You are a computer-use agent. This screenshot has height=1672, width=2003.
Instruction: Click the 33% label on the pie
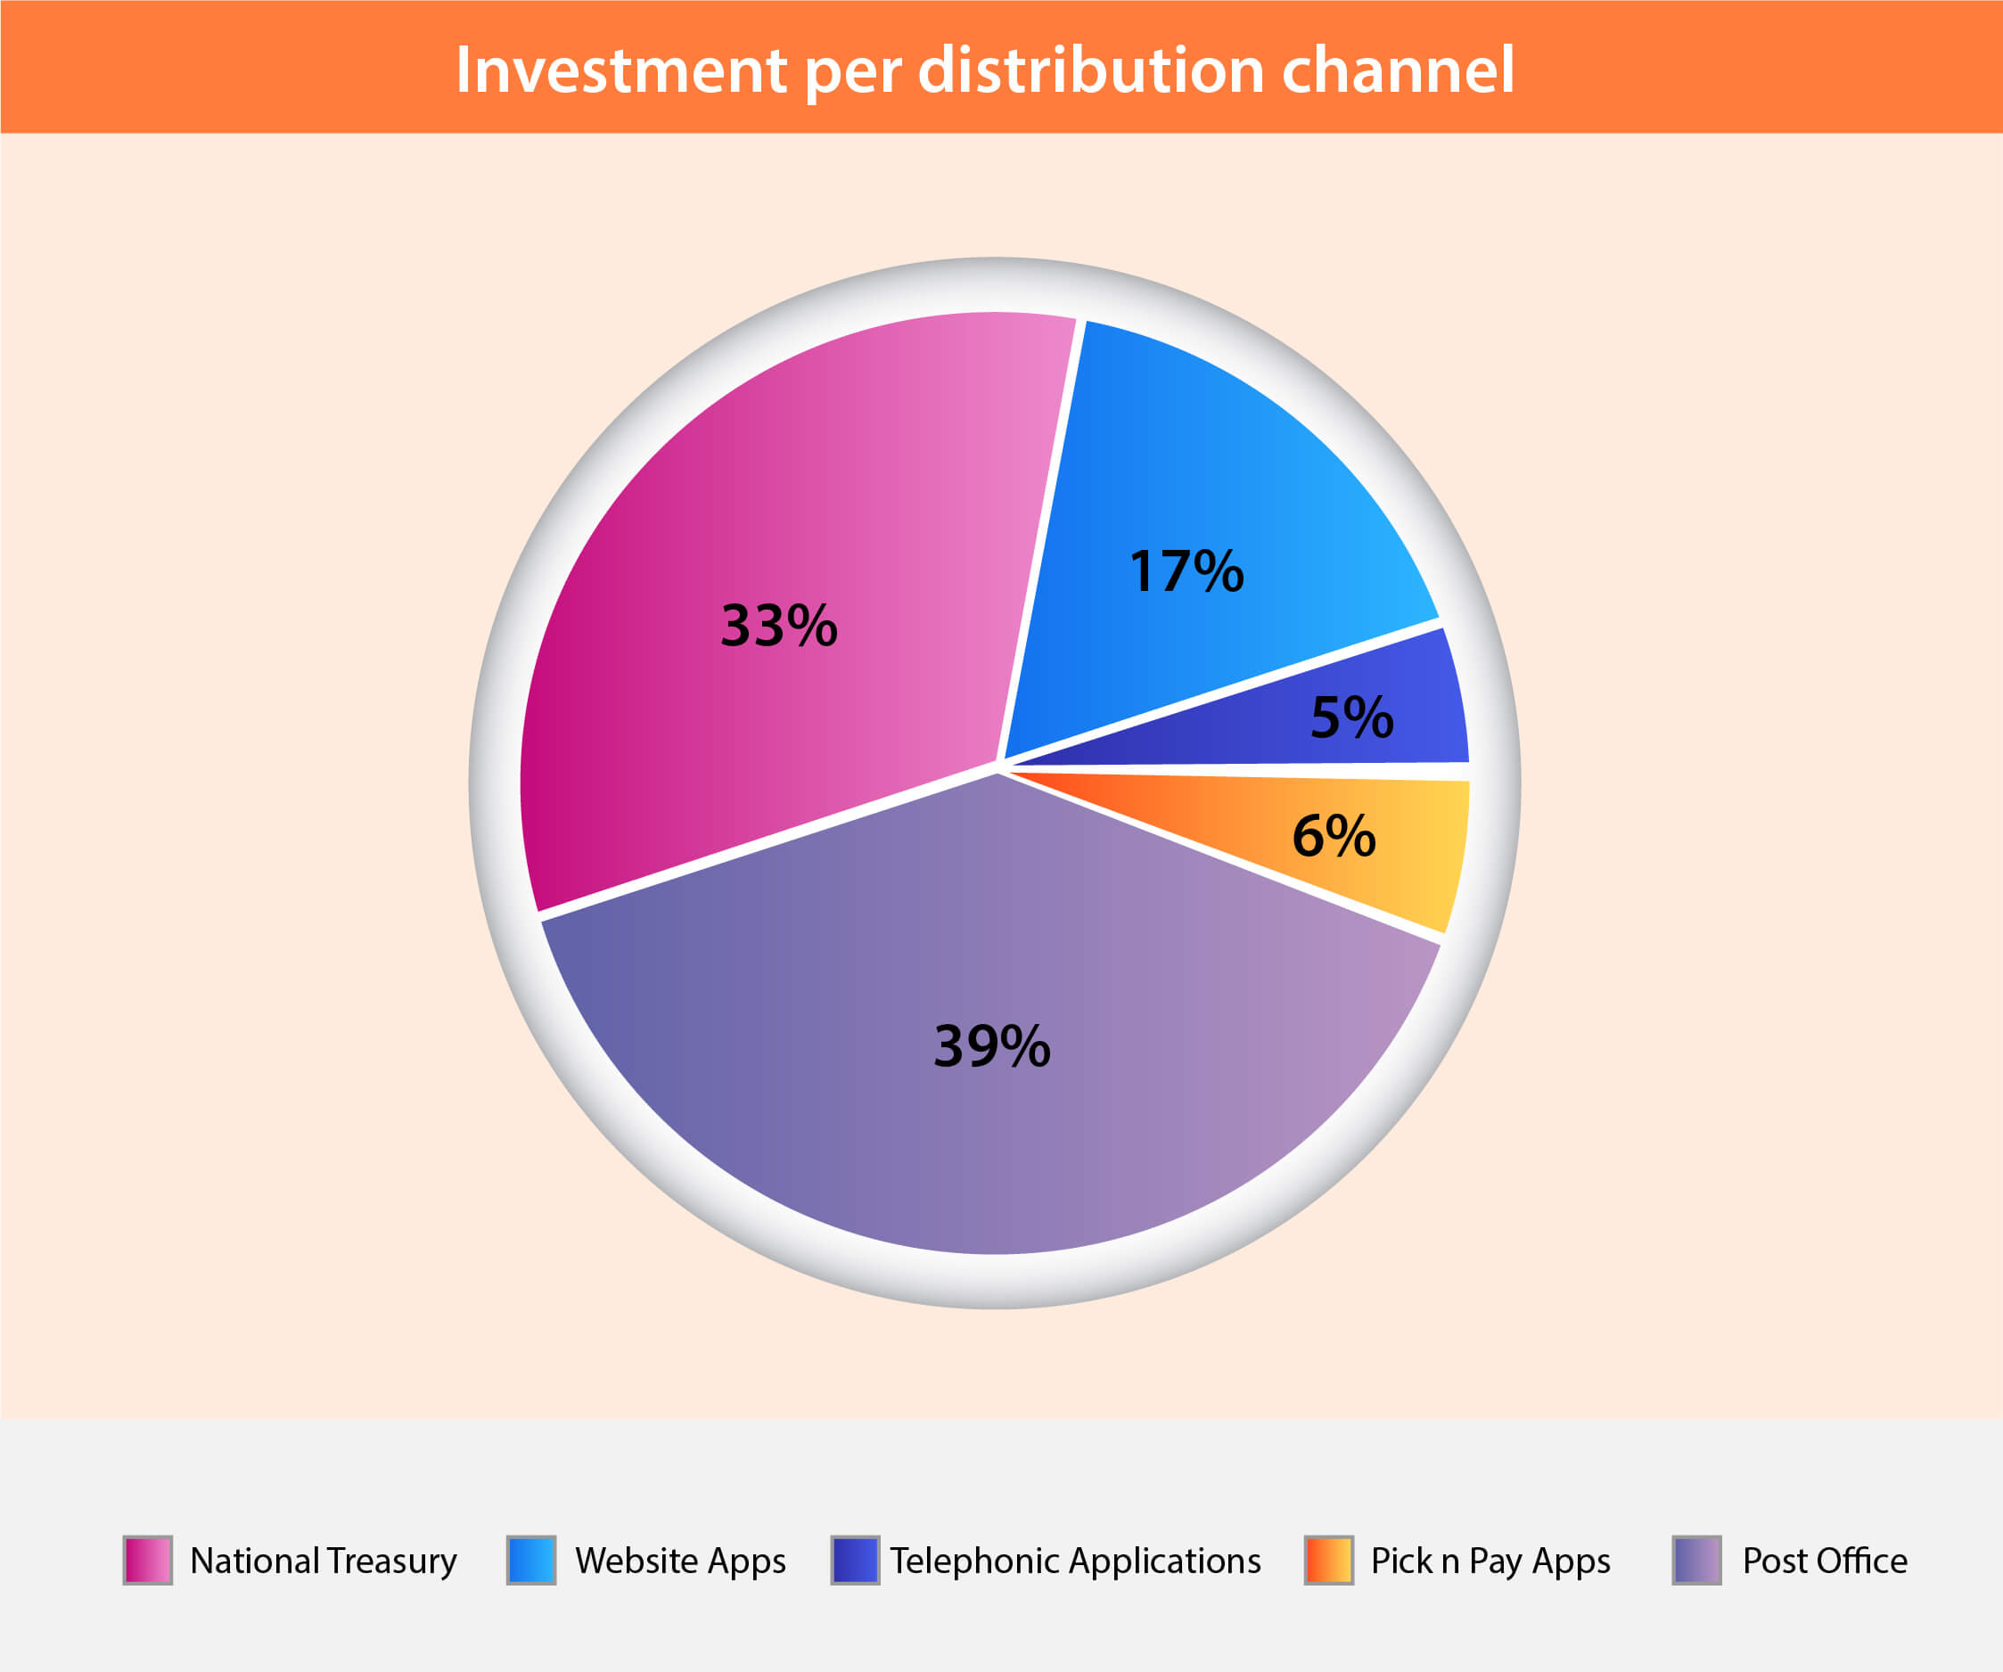tap(779, 626)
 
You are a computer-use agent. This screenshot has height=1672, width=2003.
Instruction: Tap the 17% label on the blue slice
tap(1186, 571)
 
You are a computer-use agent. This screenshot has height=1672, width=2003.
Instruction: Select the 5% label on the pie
tap(1351, 717)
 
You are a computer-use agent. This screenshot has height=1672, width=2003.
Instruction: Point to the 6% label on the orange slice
tap(1334, 835)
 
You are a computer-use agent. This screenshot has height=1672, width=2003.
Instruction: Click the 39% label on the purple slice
tap(992, 1045)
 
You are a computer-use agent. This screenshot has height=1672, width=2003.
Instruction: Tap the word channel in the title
tap(1399, 70)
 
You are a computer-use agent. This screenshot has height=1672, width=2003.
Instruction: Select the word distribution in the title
tap(1091, 70)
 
